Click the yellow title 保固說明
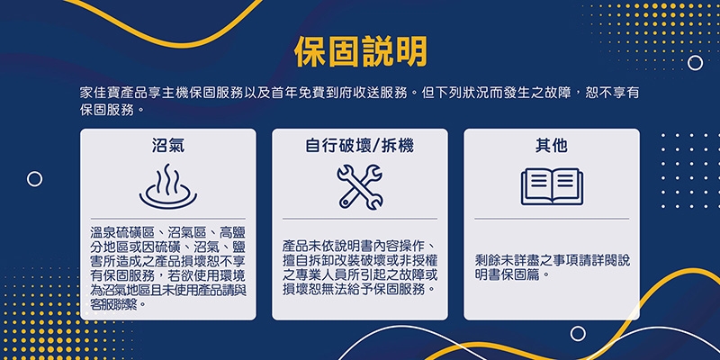pos(360,53)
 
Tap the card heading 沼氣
pos(167,145)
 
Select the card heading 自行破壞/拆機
pos(359,145)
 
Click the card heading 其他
pos(551,145)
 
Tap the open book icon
pos(552,185)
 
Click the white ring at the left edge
pos(34,179)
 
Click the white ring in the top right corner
pos(695,62)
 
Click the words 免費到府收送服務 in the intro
pos(346,94)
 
